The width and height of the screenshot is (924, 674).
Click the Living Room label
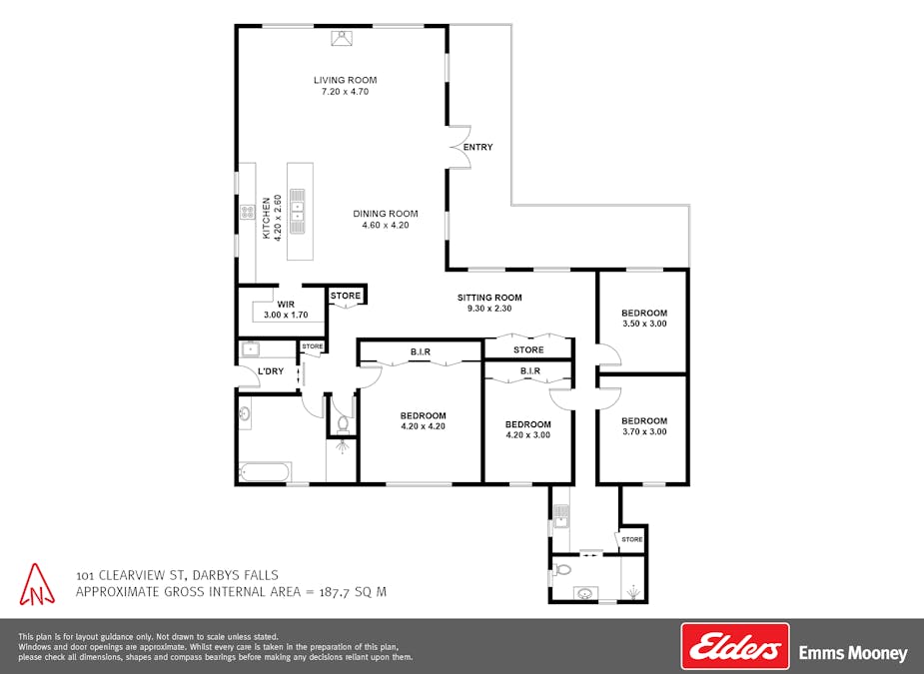(x=346, y=80)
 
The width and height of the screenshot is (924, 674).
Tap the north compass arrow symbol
(x=37, y=584)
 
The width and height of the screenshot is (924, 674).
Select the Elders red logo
(x=735, y=646)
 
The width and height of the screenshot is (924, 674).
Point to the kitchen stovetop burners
(x=247, y=212)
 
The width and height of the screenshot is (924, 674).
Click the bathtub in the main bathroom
(x=265, y=472)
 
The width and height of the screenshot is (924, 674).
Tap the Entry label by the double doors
(x=477, y=148)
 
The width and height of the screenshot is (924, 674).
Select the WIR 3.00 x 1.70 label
(x=286, y=310)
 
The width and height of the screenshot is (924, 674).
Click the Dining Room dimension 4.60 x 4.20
(x=386, y=225)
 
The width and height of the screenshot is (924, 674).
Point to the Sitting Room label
(x=489, y=298)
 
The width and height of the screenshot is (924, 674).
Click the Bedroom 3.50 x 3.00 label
(x=644, y=319)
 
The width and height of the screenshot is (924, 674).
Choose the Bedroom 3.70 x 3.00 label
(x=644, y=426)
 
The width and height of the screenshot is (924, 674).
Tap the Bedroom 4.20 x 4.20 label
(x=424, y=420)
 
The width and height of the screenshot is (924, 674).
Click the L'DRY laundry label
(x=271, y=371)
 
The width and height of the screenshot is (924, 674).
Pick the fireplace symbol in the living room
(x=343, y=38)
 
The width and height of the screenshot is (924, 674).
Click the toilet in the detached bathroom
(x=562, y=570)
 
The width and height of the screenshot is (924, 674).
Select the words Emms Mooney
(x=853, y=653)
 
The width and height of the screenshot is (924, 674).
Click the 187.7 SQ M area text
(x=353, y=591)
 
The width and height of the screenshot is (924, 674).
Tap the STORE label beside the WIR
(x=346, y=296)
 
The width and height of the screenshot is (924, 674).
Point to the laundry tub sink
(x=251, y=349)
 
